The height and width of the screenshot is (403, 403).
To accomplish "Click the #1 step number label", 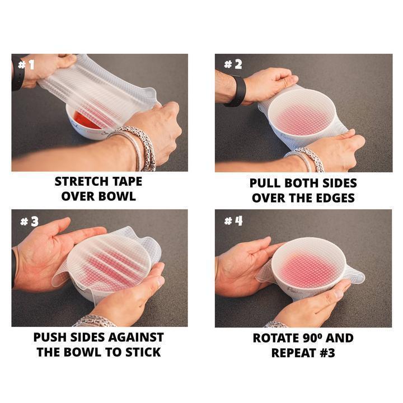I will pos(26,64).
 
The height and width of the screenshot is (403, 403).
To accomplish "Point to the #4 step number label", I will pos(233,221).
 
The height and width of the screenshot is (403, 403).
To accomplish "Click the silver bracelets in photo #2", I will pos(307,158).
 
